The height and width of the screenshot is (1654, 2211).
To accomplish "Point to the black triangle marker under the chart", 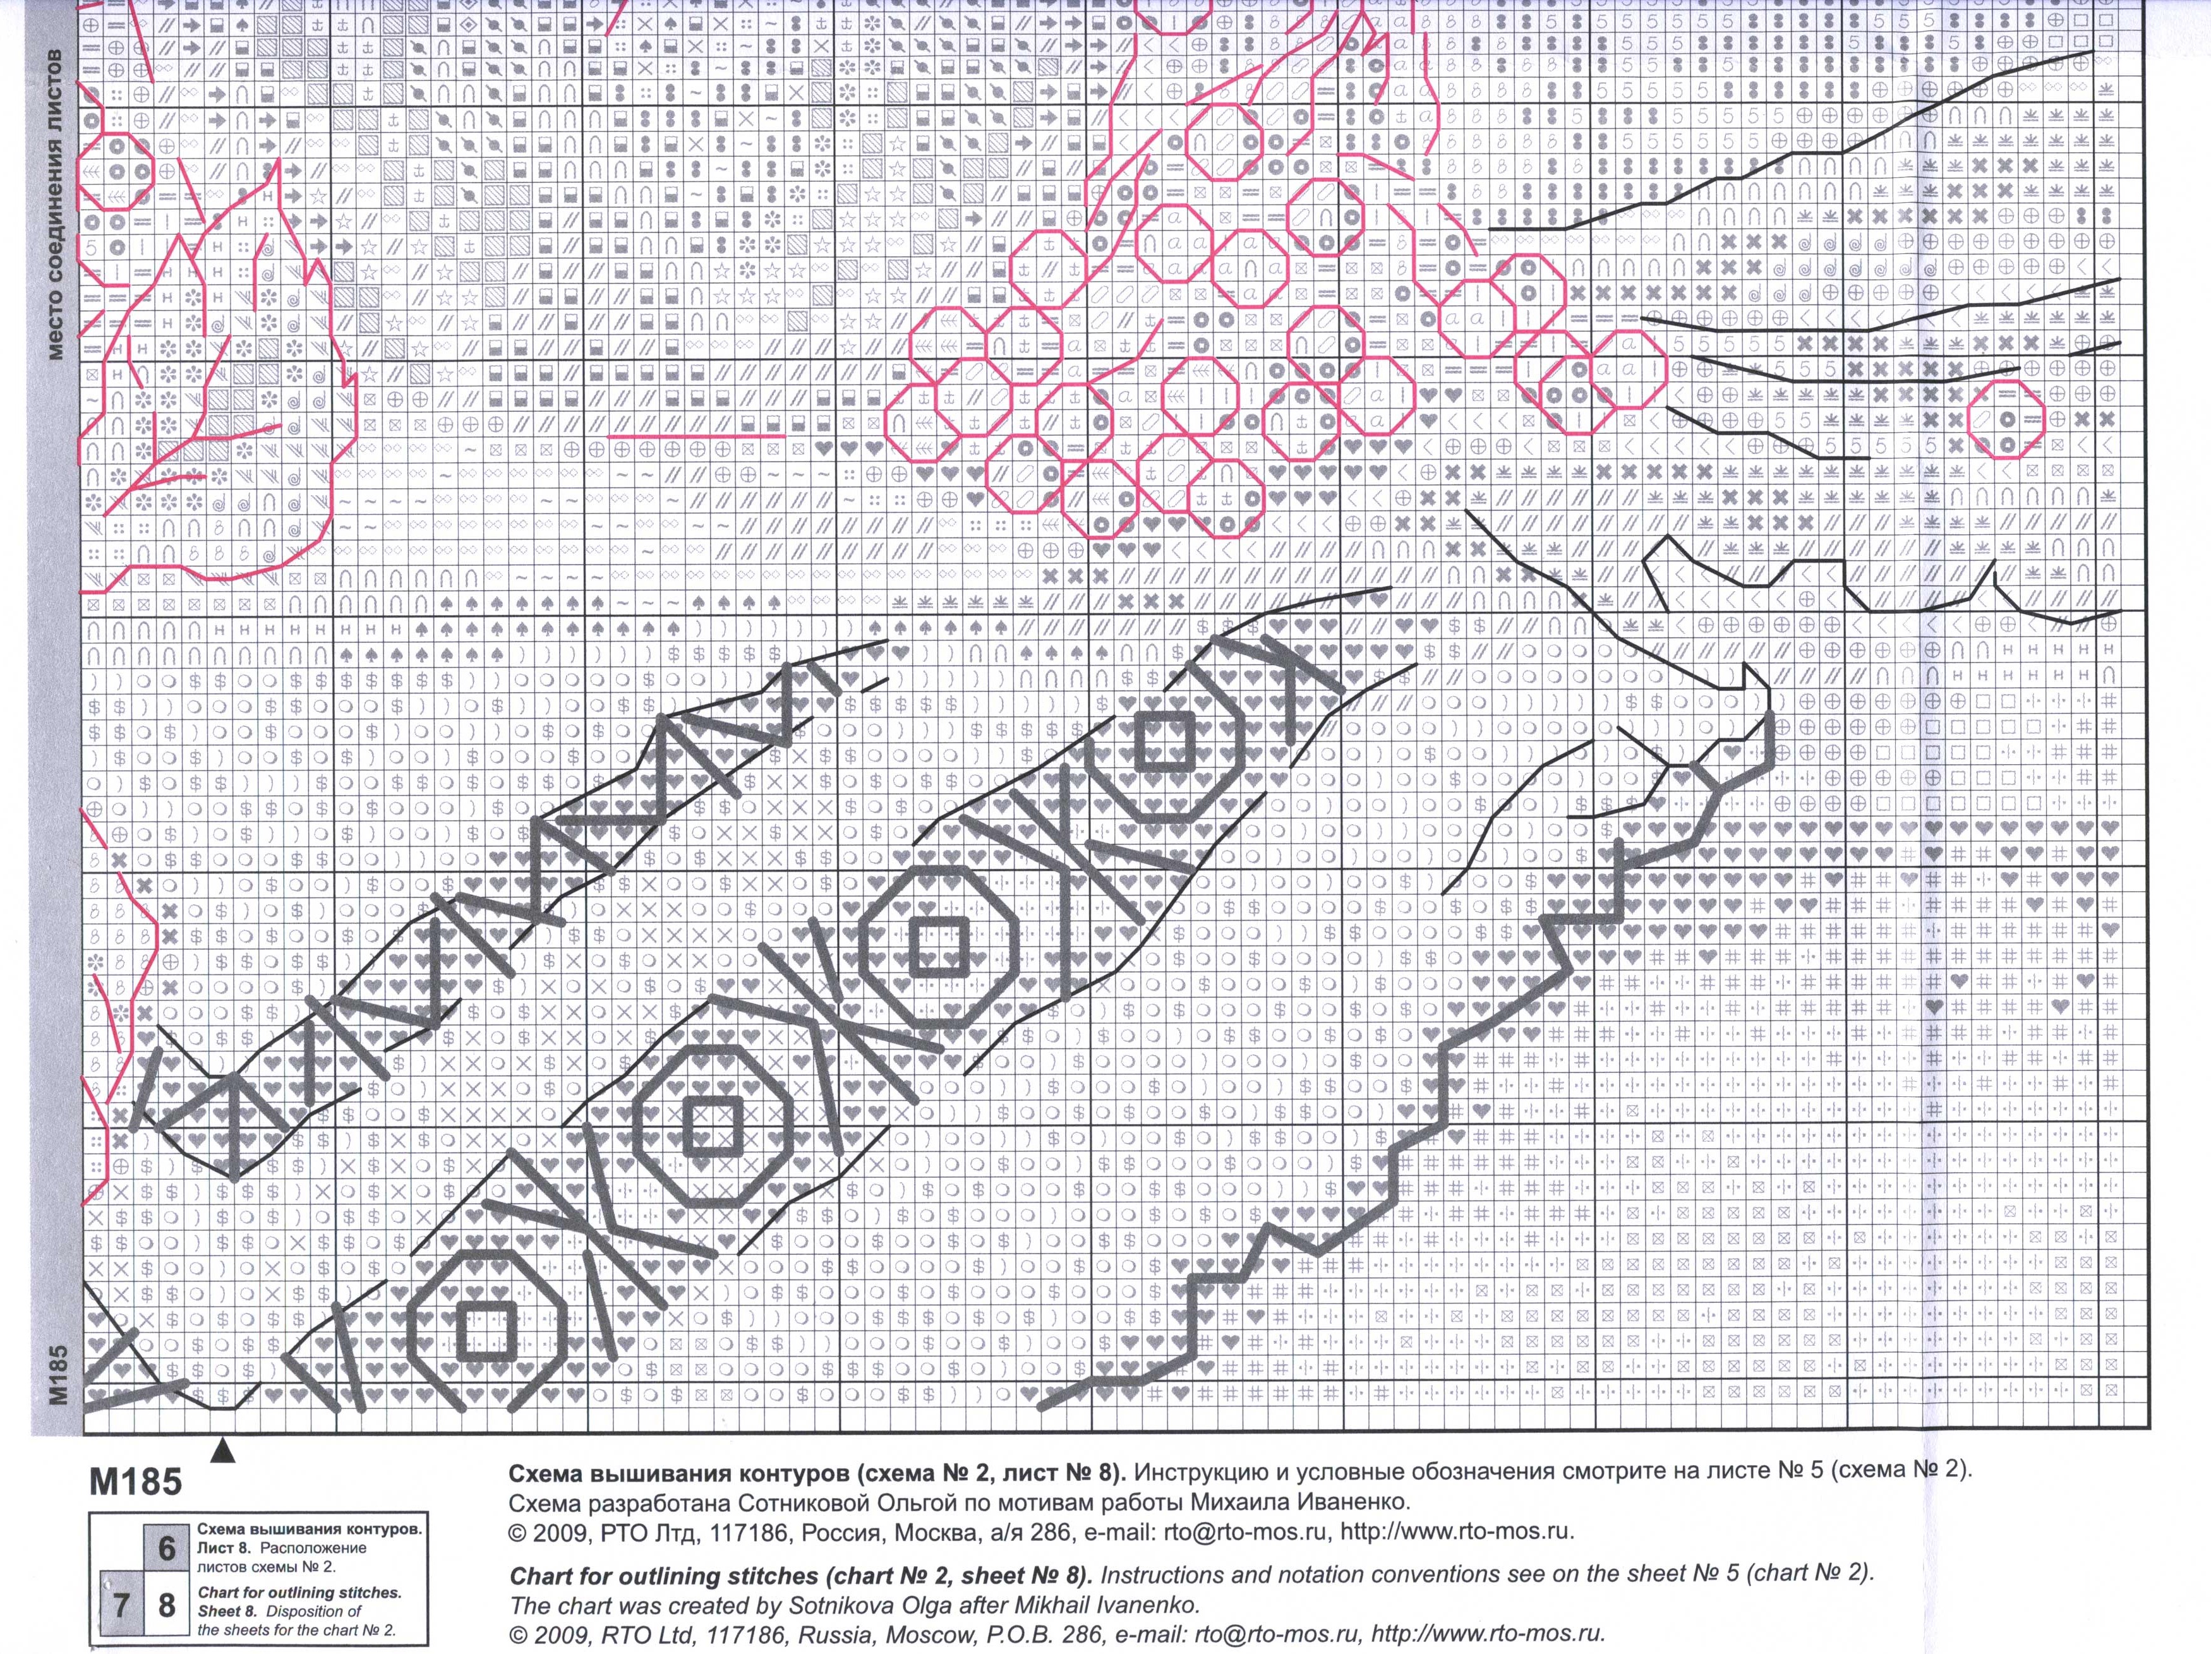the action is [x=224, y=1450].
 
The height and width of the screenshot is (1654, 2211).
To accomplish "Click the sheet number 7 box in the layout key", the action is [x=121, y=1605].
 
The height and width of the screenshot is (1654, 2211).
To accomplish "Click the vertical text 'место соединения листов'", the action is [x=57, y=205].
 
